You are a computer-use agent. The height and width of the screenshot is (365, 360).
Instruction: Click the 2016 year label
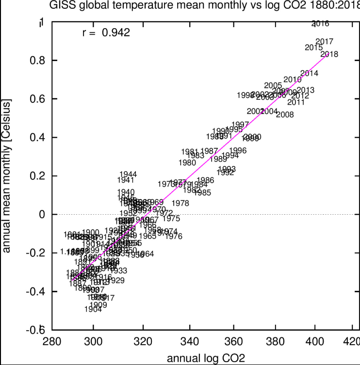tap(320, 23)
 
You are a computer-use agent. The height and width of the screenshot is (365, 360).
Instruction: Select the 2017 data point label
tap(324, 41)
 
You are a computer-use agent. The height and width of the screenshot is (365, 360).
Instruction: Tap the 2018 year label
tap(329, 54)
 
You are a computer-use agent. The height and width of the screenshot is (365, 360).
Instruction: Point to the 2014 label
tap(309, 73)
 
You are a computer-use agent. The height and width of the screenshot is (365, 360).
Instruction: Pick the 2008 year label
tap(284, 115)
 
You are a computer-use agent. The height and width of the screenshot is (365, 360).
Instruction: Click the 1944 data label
tap(128, 175)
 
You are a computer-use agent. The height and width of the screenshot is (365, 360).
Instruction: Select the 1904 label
tap(93, 309)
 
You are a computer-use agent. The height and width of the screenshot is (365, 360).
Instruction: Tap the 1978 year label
tap(180, 203)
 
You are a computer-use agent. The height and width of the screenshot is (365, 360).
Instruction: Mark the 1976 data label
tap(173, 237)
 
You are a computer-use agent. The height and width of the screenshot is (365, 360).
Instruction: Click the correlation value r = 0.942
tap(105, 33)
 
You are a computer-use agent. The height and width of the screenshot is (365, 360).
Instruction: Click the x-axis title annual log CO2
tap(205, 358)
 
